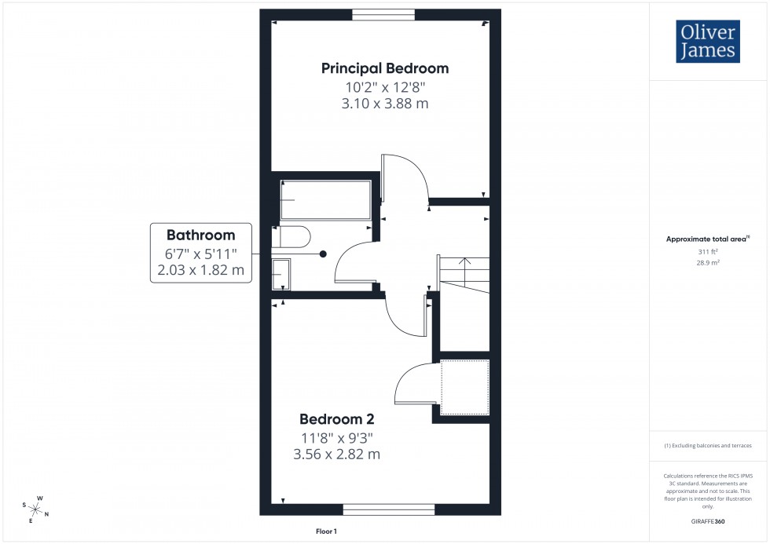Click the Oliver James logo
coord(707,42)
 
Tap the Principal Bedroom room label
coord(385,68)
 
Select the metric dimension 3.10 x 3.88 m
coord(385,103)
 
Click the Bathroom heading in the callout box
coord(200,235)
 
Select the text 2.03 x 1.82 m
coord(200,270)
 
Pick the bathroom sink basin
coord(280,275)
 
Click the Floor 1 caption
coord(326,531)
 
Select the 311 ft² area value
coord(707,251)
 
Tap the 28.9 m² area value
coord(707,263)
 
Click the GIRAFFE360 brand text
coord(707,521)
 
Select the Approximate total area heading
coord(707,239)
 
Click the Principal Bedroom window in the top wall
coord(383,14)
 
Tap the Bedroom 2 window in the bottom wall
coord(389,509)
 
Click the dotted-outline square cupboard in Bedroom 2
coord(464,387)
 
